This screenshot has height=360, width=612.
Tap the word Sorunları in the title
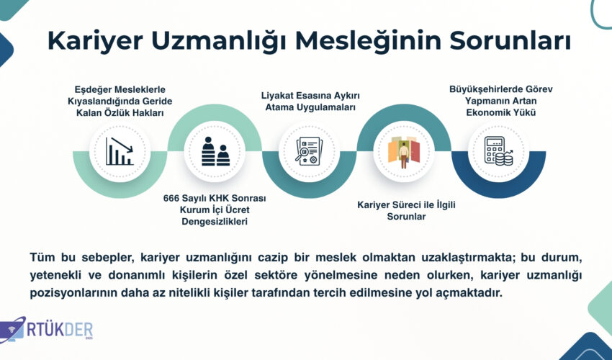click(510, 40)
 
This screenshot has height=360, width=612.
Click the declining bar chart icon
click(120, 151)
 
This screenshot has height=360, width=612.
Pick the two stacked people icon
click(215, 151)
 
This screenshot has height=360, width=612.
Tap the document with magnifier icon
click(308, 151)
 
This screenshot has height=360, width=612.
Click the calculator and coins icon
click(499, 151)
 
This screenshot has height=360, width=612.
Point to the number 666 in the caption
click(171, 198)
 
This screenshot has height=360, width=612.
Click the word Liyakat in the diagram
click(276, 96)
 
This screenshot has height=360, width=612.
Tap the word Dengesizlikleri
click(215, 222)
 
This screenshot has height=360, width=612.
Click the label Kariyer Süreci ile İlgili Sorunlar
click(406, 210)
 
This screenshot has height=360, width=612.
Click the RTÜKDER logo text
click(60, 330)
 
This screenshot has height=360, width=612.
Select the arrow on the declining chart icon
click(122, 145)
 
